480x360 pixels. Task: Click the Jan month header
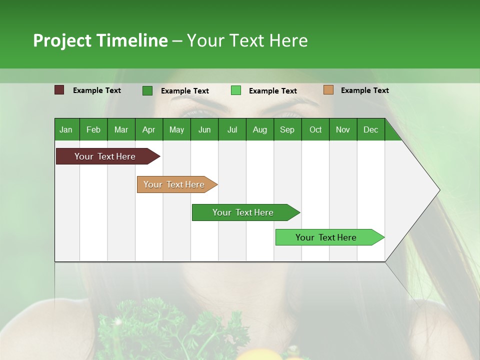[x=66, y=129]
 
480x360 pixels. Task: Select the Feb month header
[x=93, y=129]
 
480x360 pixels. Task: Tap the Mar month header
[x=121, y=129]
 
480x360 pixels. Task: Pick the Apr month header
[x=148, y=129]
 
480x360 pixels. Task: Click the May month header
[x=176, y=129]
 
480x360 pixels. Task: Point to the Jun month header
[x=204, y=129]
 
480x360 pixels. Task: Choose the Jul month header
[x=232, y=129]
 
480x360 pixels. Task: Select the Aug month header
[x=259, y=129]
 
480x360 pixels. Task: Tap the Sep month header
[x=287, y=129]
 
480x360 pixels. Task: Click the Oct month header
[x=315, y=129]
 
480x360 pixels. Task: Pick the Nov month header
[x=343, y=129]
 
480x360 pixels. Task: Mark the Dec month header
[x=370, y=129]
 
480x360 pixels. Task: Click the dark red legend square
[x=59, y=90]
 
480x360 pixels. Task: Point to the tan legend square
[x=328, y=90]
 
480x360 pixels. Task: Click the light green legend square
[x=236, y=90]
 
